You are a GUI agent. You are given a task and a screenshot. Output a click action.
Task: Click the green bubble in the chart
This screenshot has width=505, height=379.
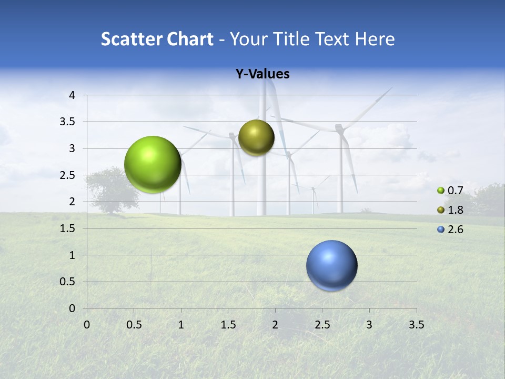153,164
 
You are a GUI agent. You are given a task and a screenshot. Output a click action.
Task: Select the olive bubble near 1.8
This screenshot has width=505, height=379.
256,137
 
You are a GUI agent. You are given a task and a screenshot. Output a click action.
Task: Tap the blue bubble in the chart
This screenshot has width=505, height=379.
331,265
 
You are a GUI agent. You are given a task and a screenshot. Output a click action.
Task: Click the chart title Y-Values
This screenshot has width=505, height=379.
262,74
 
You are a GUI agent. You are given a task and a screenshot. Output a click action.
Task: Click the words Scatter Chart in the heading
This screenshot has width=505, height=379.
157,39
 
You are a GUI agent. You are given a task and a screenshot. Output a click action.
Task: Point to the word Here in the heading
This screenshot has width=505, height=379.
375,39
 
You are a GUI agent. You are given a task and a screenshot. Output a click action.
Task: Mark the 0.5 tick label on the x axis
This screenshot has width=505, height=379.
134,325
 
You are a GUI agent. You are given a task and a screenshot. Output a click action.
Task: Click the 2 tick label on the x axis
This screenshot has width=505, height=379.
275,325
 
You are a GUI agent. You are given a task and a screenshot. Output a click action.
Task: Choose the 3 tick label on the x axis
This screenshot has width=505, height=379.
369,325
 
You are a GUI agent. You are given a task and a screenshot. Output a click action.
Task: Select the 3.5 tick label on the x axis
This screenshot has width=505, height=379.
416,325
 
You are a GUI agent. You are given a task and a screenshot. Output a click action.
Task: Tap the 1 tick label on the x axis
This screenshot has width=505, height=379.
181,325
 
